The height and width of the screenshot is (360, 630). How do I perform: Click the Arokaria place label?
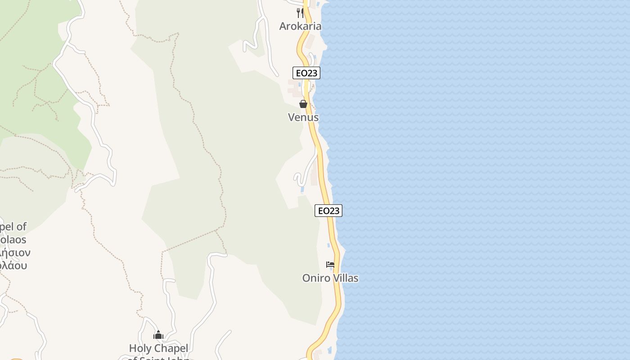click(300, 26)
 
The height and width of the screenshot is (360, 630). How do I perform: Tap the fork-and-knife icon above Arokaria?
click(300, 13)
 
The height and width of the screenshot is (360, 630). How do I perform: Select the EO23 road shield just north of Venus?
click(306, 73)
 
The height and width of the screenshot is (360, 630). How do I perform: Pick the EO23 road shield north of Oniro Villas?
click(328, 211)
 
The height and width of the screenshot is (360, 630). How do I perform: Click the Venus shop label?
click(303, 117)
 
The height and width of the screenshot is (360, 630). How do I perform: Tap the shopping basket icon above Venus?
click(303, 104)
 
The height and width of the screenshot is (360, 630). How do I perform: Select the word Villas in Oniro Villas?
click(344, 278)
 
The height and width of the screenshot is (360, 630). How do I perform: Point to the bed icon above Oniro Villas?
click(330, 265)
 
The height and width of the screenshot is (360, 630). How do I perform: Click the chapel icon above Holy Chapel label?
click(158, 335)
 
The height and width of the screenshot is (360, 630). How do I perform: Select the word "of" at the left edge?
click(21, 226)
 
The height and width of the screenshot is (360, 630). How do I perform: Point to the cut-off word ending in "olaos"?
click(13, 239)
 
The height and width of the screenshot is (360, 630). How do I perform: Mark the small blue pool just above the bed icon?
click(328, 246)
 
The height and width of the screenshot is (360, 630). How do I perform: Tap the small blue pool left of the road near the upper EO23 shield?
click(299, 84)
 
